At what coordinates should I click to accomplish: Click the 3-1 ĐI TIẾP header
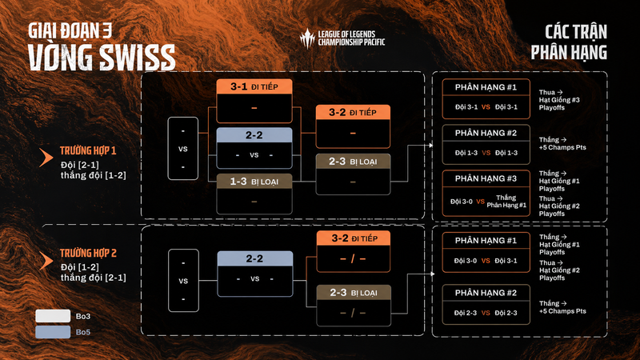point(254,86)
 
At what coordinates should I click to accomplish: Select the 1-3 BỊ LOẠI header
point(254,182)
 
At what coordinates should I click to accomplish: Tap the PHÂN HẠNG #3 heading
point(486,178)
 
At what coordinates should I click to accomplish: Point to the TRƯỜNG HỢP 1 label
point(88,150)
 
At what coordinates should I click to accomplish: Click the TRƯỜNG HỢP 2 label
point(88,253)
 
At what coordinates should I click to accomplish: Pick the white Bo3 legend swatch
point(53,316)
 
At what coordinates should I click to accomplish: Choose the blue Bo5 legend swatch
point(53,332)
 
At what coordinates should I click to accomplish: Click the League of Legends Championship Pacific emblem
point(307,38)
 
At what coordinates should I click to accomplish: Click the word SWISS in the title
point(138,58)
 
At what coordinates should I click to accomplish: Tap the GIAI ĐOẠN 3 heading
point(70,30)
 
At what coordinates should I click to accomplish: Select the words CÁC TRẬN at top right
point(576,32)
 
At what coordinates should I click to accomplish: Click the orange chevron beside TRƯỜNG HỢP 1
point(46,158)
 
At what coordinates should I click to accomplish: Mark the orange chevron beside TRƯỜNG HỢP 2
point(46,261)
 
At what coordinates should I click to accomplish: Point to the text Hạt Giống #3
point(559,100)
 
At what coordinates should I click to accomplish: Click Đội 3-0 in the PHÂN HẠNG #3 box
point(462,202)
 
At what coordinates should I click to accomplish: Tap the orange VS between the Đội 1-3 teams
point(486,153)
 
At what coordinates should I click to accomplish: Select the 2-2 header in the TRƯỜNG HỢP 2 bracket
point(254,258)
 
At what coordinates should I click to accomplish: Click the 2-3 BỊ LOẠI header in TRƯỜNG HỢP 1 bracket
point(353,162)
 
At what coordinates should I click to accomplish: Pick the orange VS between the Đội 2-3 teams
point(486,313)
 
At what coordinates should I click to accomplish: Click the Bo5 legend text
point(83,332)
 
